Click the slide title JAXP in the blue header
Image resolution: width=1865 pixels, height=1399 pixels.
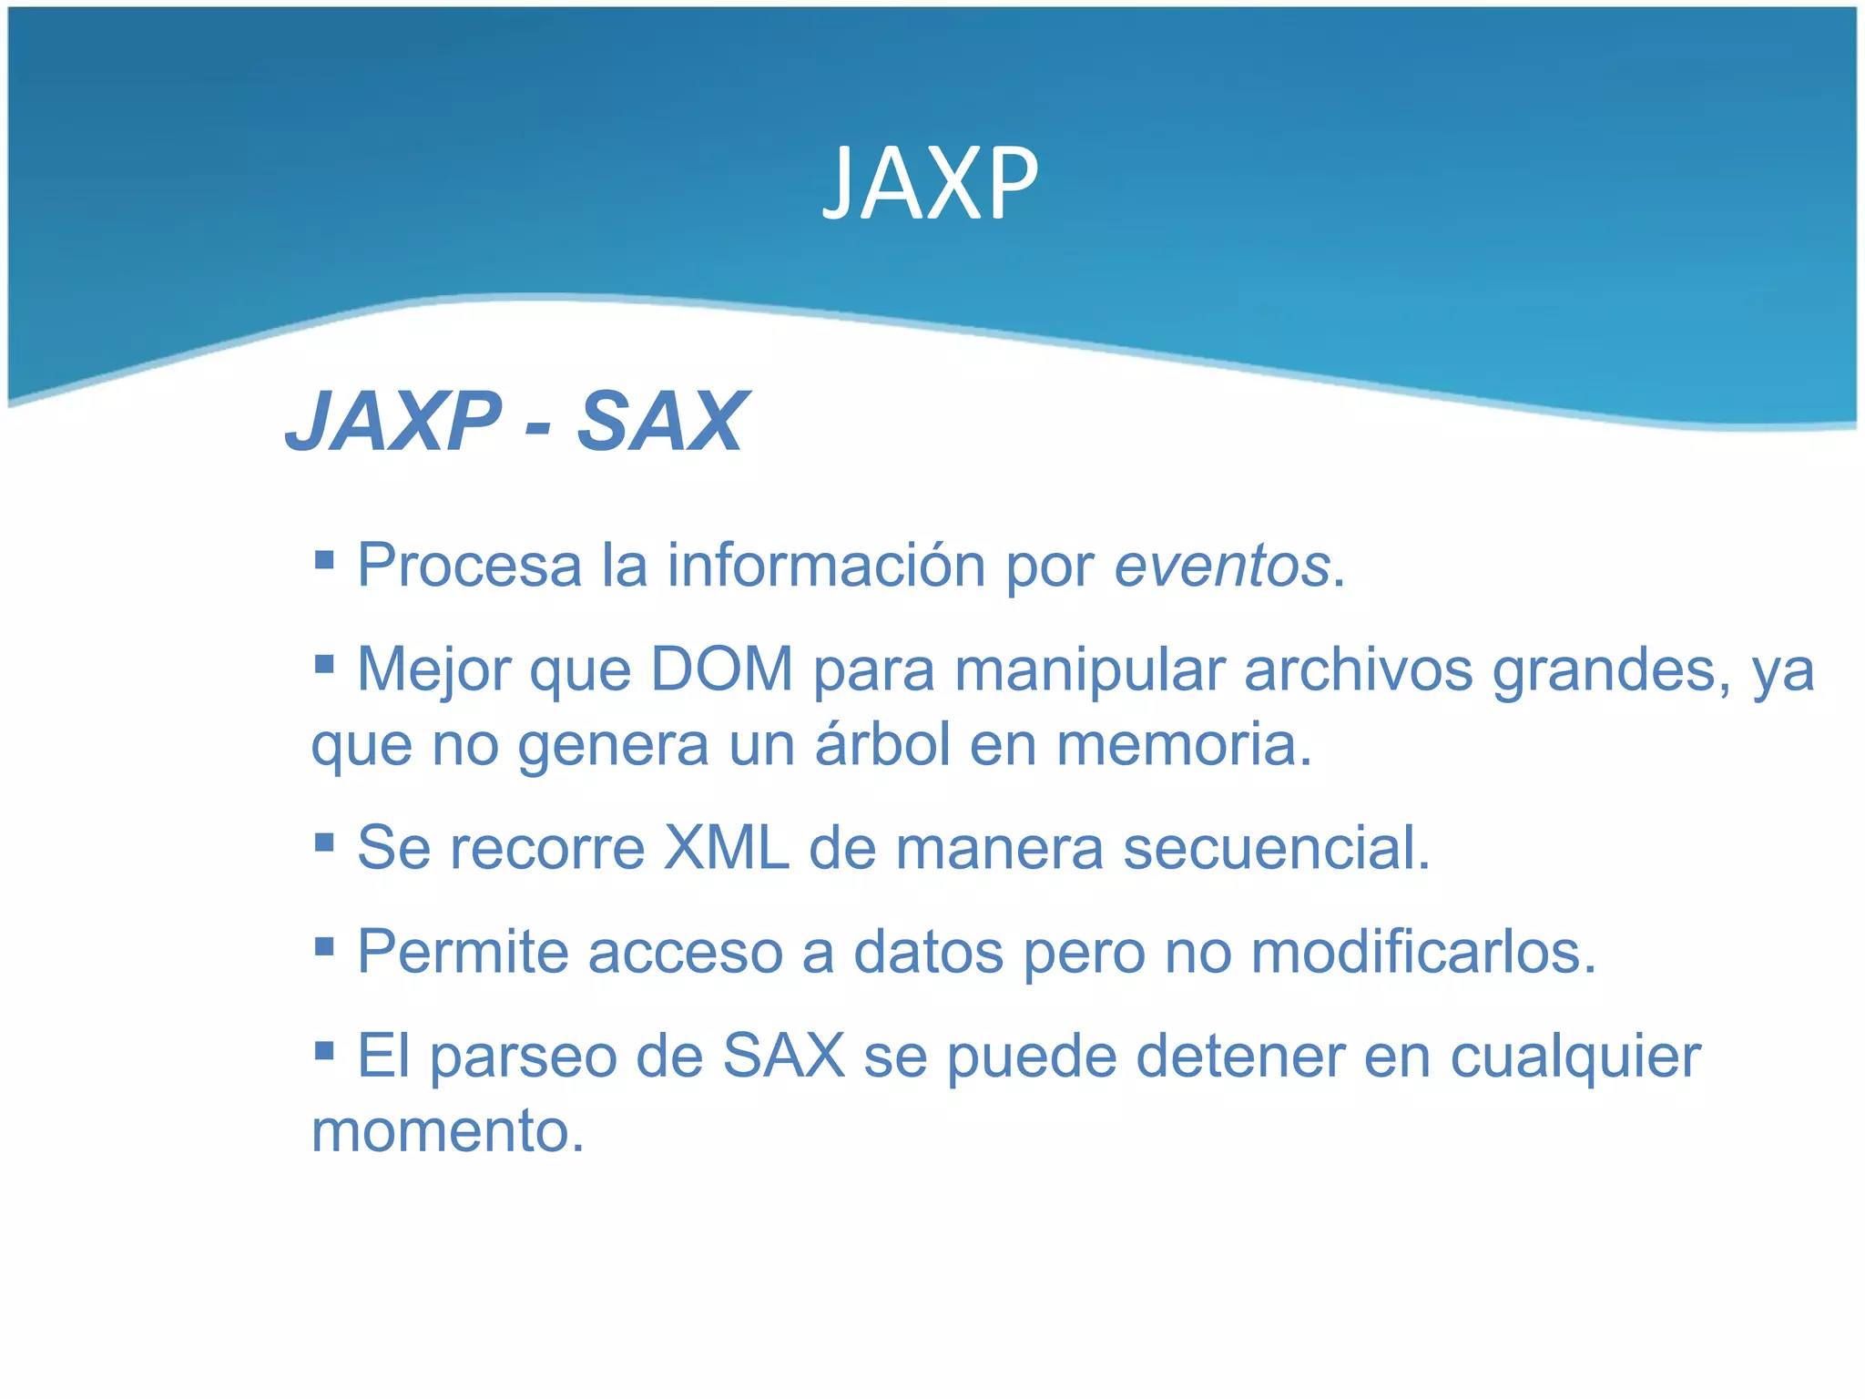click(x=930, y=184)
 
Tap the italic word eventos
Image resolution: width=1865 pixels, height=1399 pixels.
click(x=1222, y=566)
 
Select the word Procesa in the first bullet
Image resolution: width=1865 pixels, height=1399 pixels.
click(x=469, y=566)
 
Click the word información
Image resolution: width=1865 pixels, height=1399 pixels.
click(x=826, y=566)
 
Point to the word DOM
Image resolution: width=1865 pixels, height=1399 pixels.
click(x=721, y=670)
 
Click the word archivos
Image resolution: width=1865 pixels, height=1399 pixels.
click(x=1358, y=670)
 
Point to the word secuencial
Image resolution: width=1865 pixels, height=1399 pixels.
click(x=1276, y=848)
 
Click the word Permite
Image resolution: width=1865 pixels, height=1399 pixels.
click(x=463, y=952)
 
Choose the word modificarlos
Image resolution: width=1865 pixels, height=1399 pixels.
click(x=1423, y=952)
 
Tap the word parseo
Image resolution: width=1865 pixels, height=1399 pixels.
click(x=523, y=1057)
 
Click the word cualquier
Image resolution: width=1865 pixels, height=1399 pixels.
click(x=1575, y=1057)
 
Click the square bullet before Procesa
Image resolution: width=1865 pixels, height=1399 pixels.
click(x=324, y=557)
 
